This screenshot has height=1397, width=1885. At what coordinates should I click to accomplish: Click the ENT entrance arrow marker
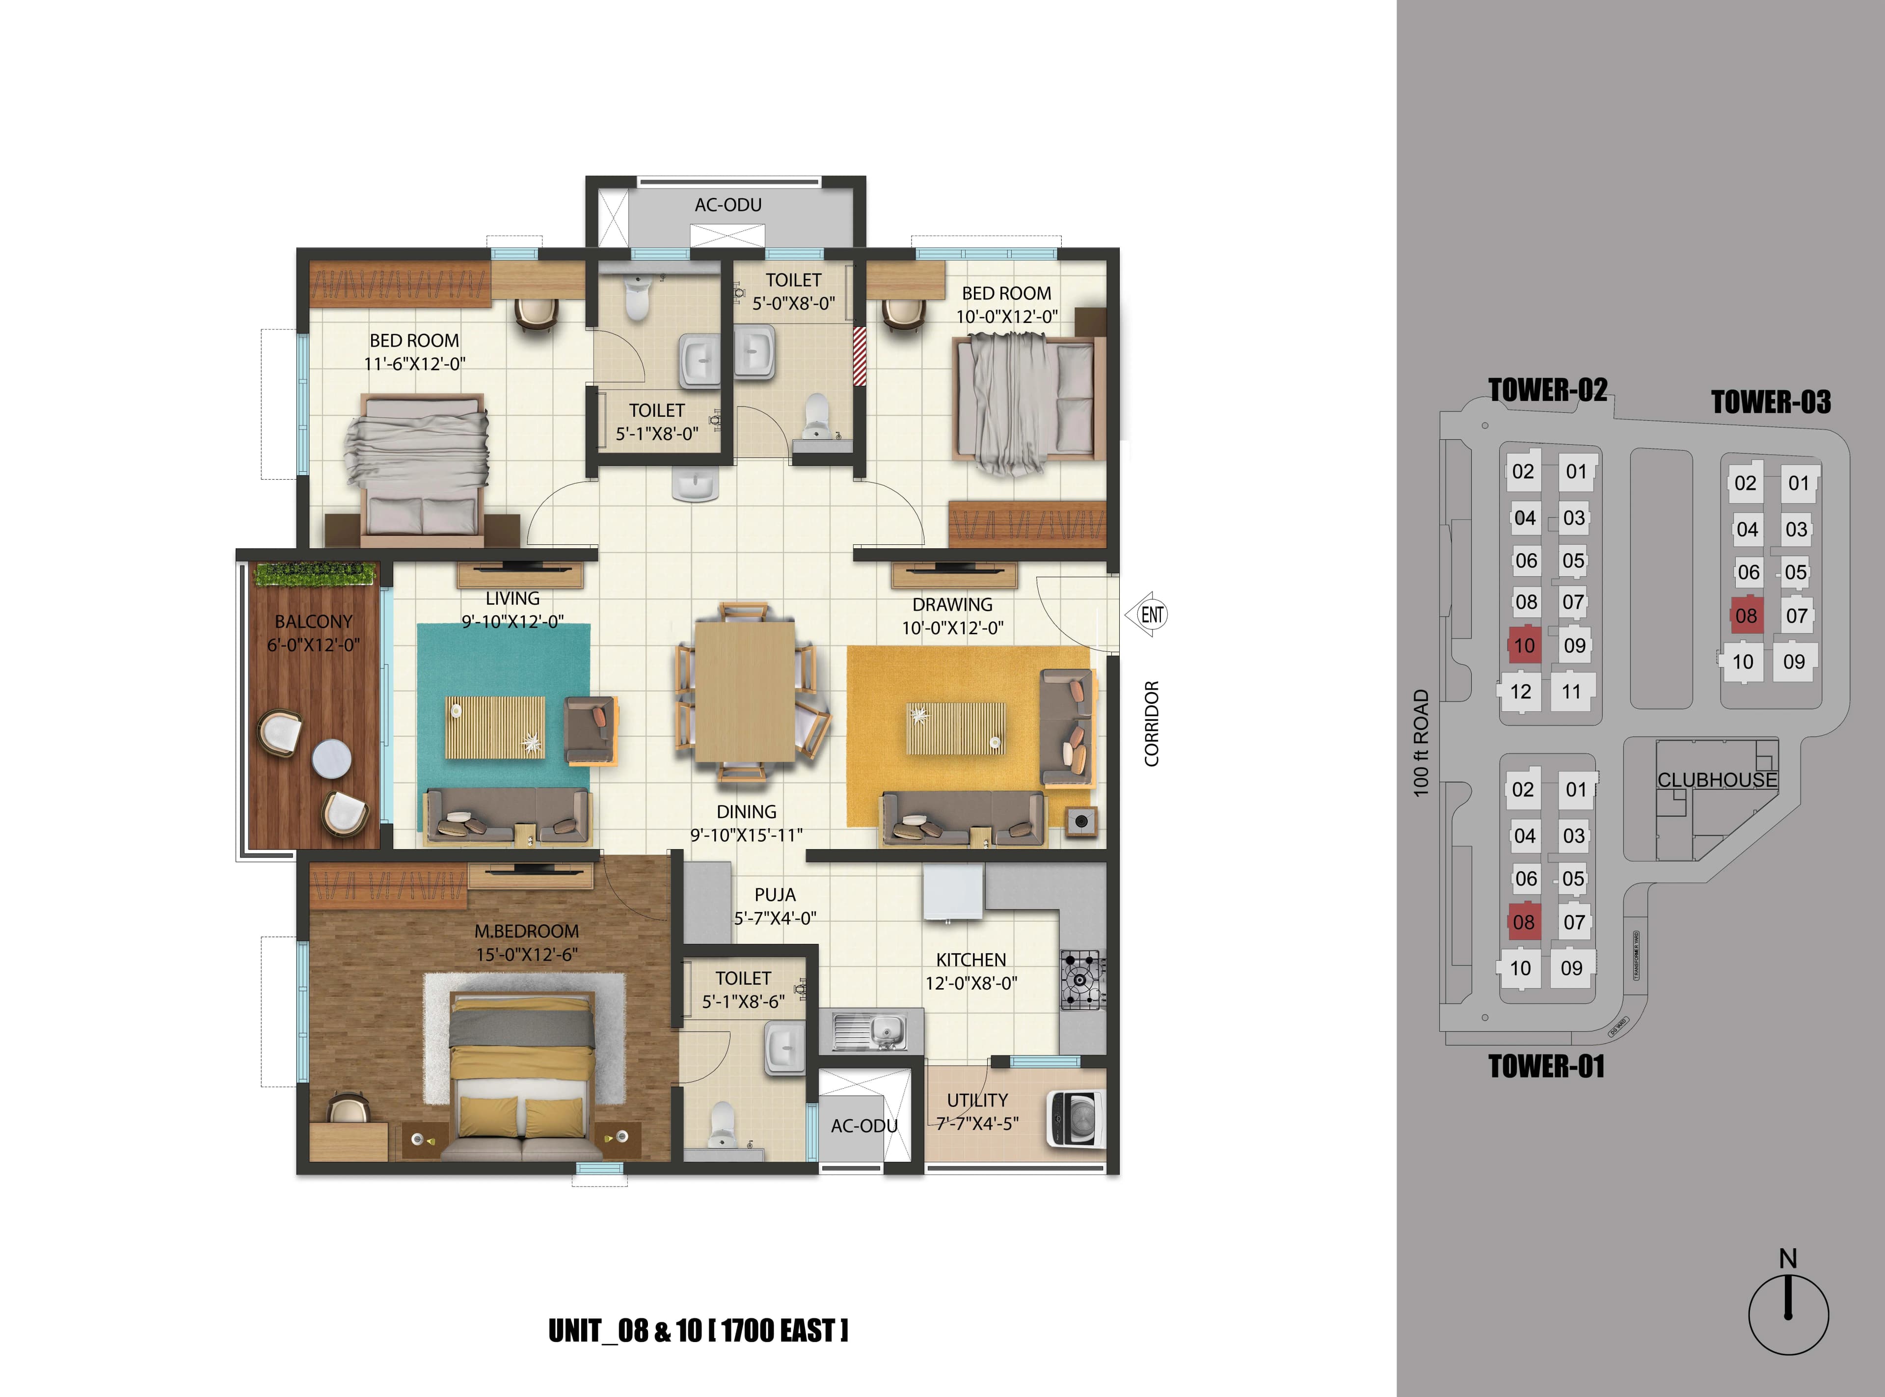[x=1148, y=615]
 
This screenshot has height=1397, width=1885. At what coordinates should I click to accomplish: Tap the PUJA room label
[x=775, y=895]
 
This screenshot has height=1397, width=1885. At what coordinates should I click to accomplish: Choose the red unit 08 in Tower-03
[x=1746, y=616]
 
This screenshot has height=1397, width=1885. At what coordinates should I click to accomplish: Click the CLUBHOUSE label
[x=1717, y=779]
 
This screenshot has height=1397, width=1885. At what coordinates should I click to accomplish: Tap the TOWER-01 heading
[x=1546, y=1066]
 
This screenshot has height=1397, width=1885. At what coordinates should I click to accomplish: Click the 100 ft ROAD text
[x=1421, y=743]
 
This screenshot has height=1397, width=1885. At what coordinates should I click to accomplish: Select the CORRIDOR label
[x=1151, y=724]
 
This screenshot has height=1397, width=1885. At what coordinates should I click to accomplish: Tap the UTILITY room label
[x=977, y=1100]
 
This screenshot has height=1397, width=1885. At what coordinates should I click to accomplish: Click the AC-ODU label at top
[x=728, y=205]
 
